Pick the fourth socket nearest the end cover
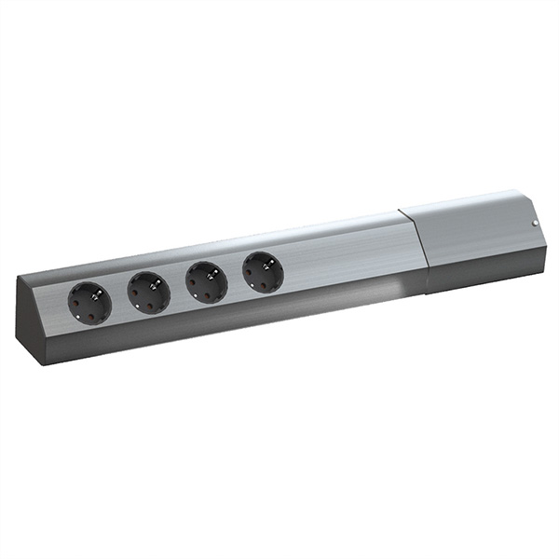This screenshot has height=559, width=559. (x=262, y=271)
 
